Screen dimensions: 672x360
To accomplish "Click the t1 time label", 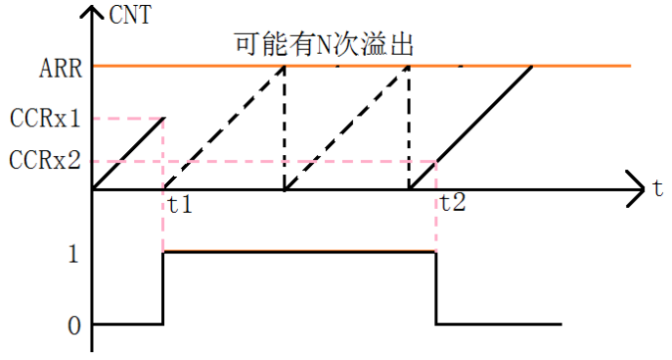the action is (180, 208).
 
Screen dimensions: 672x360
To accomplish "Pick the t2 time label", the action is (453, 207).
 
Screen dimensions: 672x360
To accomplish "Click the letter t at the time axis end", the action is (658, 188).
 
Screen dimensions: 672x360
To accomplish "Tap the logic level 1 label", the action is (73, 253).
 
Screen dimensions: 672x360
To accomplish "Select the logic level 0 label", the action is (73, 324).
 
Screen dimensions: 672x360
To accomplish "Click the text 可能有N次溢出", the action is (323, 45).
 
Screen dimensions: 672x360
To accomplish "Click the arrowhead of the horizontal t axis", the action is (636, 188).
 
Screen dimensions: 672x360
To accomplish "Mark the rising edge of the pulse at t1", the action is (163, 288).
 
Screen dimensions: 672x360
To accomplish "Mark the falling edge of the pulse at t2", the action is (436, 288).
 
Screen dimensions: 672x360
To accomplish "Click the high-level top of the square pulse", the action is (298, 253).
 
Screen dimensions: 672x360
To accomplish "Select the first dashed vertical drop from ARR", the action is (284, 127).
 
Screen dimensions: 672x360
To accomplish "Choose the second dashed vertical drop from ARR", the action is (409, 127).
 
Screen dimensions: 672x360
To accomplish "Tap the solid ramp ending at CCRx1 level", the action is (127, 153).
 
